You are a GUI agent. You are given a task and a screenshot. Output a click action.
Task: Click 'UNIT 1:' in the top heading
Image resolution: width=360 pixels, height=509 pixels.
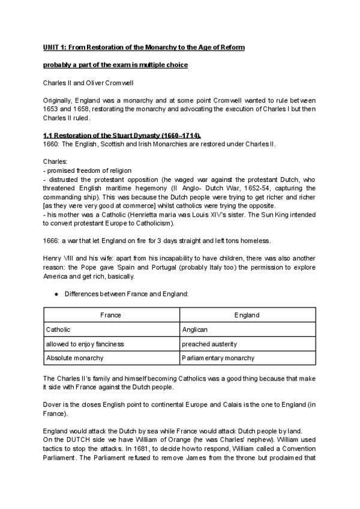[56, 47]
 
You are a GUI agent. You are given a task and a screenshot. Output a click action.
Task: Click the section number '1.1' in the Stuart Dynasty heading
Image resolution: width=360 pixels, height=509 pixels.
[49, 135]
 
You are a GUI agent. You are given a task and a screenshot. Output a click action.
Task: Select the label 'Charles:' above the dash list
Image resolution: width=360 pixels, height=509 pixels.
[55, 161]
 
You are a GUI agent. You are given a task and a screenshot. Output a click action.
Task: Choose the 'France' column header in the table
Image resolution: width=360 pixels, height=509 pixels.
[110, 315]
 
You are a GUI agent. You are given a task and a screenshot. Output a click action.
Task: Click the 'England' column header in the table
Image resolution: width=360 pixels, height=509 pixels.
[247, 315]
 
